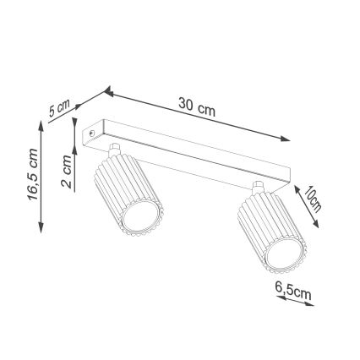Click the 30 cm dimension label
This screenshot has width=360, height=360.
196,106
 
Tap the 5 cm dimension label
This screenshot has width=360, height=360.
58,107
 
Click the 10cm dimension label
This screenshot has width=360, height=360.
314,199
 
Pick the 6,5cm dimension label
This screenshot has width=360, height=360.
294,291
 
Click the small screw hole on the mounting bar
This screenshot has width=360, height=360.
93,132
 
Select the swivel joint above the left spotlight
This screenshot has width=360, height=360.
116,153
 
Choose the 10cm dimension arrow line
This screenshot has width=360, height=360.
305,206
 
